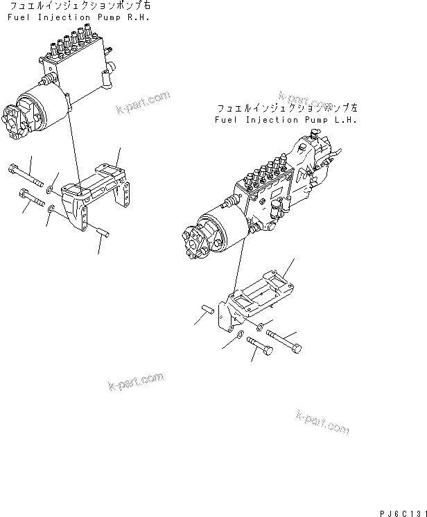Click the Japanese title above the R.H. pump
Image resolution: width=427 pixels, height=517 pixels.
pos(77,6)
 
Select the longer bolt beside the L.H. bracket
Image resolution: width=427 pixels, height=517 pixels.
pos(284,341)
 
